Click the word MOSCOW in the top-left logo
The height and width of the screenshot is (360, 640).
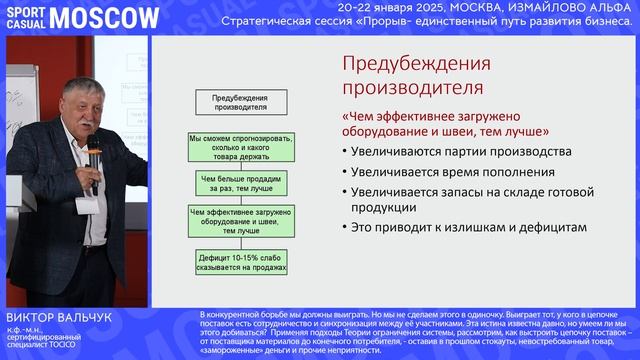click(x=104, y=17)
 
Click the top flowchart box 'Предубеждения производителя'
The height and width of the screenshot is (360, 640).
click(x=241, y=103)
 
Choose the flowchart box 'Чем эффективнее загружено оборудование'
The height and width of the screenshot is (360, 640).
click(x=241, y=221)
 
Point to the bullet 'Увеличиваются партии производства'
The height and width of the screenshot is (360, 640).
click(x=460, y=152)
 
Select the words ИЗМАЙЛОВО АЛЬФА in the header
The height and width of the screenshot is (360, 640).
click(x=578, y=6)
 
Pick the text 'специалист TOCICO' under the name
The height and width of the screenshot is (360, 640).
click(x=48, y=345)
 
